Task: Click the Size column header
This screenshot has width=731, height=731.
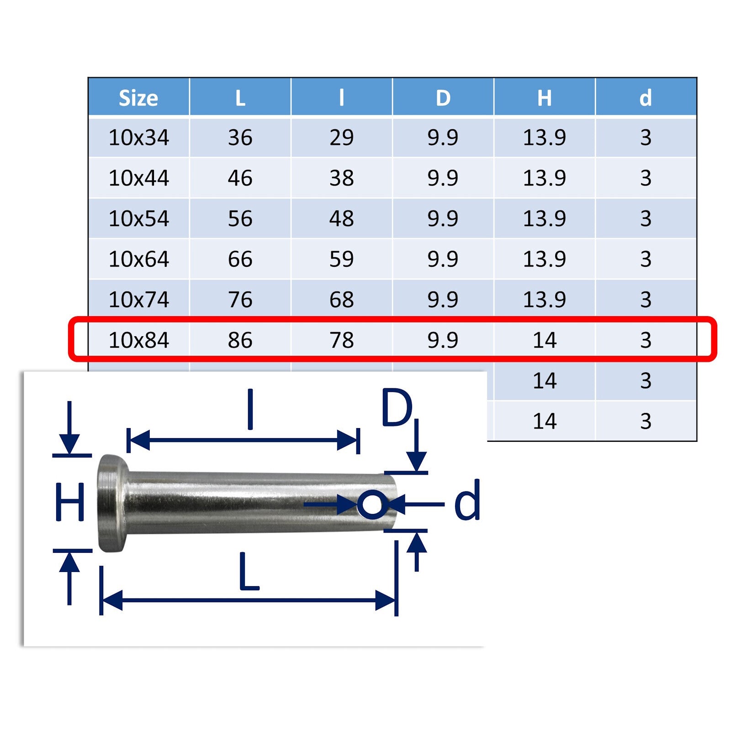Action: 138,98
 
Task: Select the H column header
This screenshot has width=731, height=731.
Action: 544,98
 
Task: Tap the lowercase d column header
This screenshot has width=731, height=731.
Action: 646,98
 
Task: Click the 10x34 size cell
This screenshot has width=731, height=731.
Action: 139,138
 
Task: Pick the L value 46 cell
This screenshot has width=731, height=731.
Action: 240,178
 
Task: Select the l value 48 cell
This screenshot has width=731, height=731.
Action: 342,218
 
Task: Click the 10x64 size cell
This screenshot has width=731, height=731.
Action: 139,259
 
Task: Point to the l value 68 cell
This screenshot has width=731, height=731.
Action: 342,300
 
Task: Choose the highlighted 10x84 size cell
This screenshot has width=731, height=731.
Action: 139,340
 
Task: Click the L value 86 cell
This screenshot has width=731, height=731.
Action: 240,340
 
